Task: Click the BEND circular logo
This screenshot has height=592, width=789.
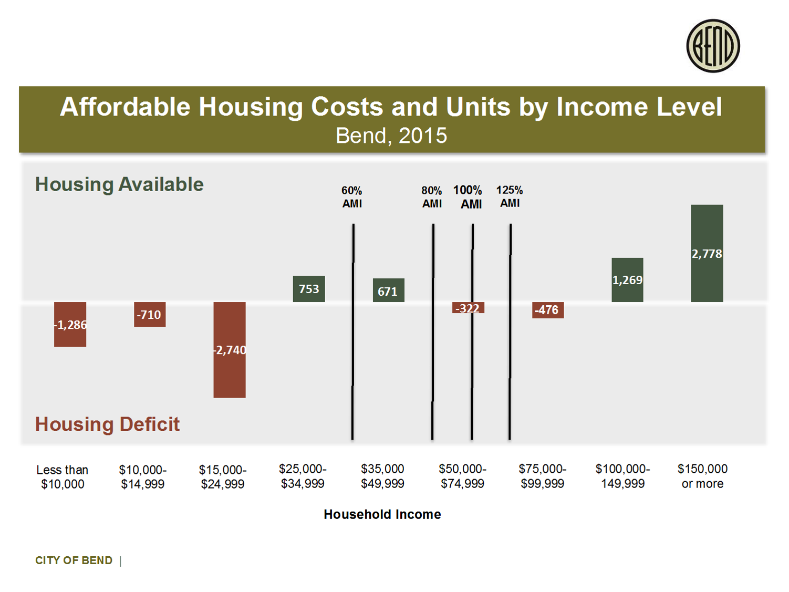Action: click(713, 46)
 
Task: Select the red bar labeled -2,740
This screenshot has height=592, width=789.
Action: click(230, 349)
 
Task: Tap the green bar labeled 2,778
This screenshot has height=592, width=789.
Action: click(707, 253)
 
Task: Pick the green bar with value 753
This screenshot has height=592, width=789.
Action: click(309, 289)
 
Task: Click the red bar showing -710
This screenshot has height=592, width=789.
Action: click(150, 314)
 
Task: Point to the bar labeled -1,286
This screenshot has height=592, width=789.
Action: click(70, 324)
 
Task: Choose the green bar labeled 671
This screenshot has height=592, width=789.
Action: click(388, 290)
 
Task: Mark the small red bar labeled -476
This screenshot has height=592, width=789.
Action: click(547, 310)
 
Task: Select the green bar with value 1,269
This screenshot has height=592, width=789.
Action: click(627, 280)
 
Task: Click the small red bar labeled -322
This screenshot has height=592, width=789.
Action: click(468, 308)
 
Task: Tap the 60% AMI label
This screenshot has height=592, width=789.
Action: click(352, 197)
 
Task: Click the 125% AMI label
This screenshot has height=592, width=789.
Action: click(510, 196)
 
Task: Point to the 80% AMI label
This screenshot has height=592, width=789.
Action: click(432, 197)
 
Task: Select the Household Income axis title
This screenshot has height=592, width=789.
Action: click(382, 514)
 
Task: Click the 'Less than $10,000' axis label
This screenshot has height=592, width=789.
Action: click(63, 477)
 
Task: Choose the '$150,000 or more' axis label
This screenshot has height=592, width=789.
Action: click(702, 476)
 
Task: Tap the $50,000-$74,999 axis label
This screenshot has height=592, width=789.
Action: click(462, 476)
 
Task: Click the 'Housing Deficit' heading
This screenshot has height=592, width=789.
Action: click(107, 424)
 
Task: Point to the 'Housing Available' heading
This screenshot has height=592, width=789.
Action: click(119, 184)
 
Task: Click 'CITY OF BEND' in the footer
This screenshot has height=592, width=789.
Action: click(74, 560)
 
